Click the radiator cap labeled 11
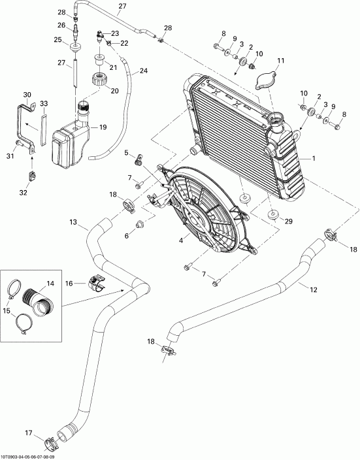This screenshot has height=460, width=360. [x=266, y=80]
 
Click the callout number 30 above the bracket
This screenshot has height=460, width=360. [x=27, y=95]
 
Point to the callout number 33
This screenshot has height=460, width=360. [x=43, y=103]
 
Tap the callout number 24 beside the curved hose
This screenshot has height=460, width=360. [x=144, y=71]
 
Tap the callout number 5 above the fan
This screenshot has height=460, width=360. [x=127, y=153]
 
